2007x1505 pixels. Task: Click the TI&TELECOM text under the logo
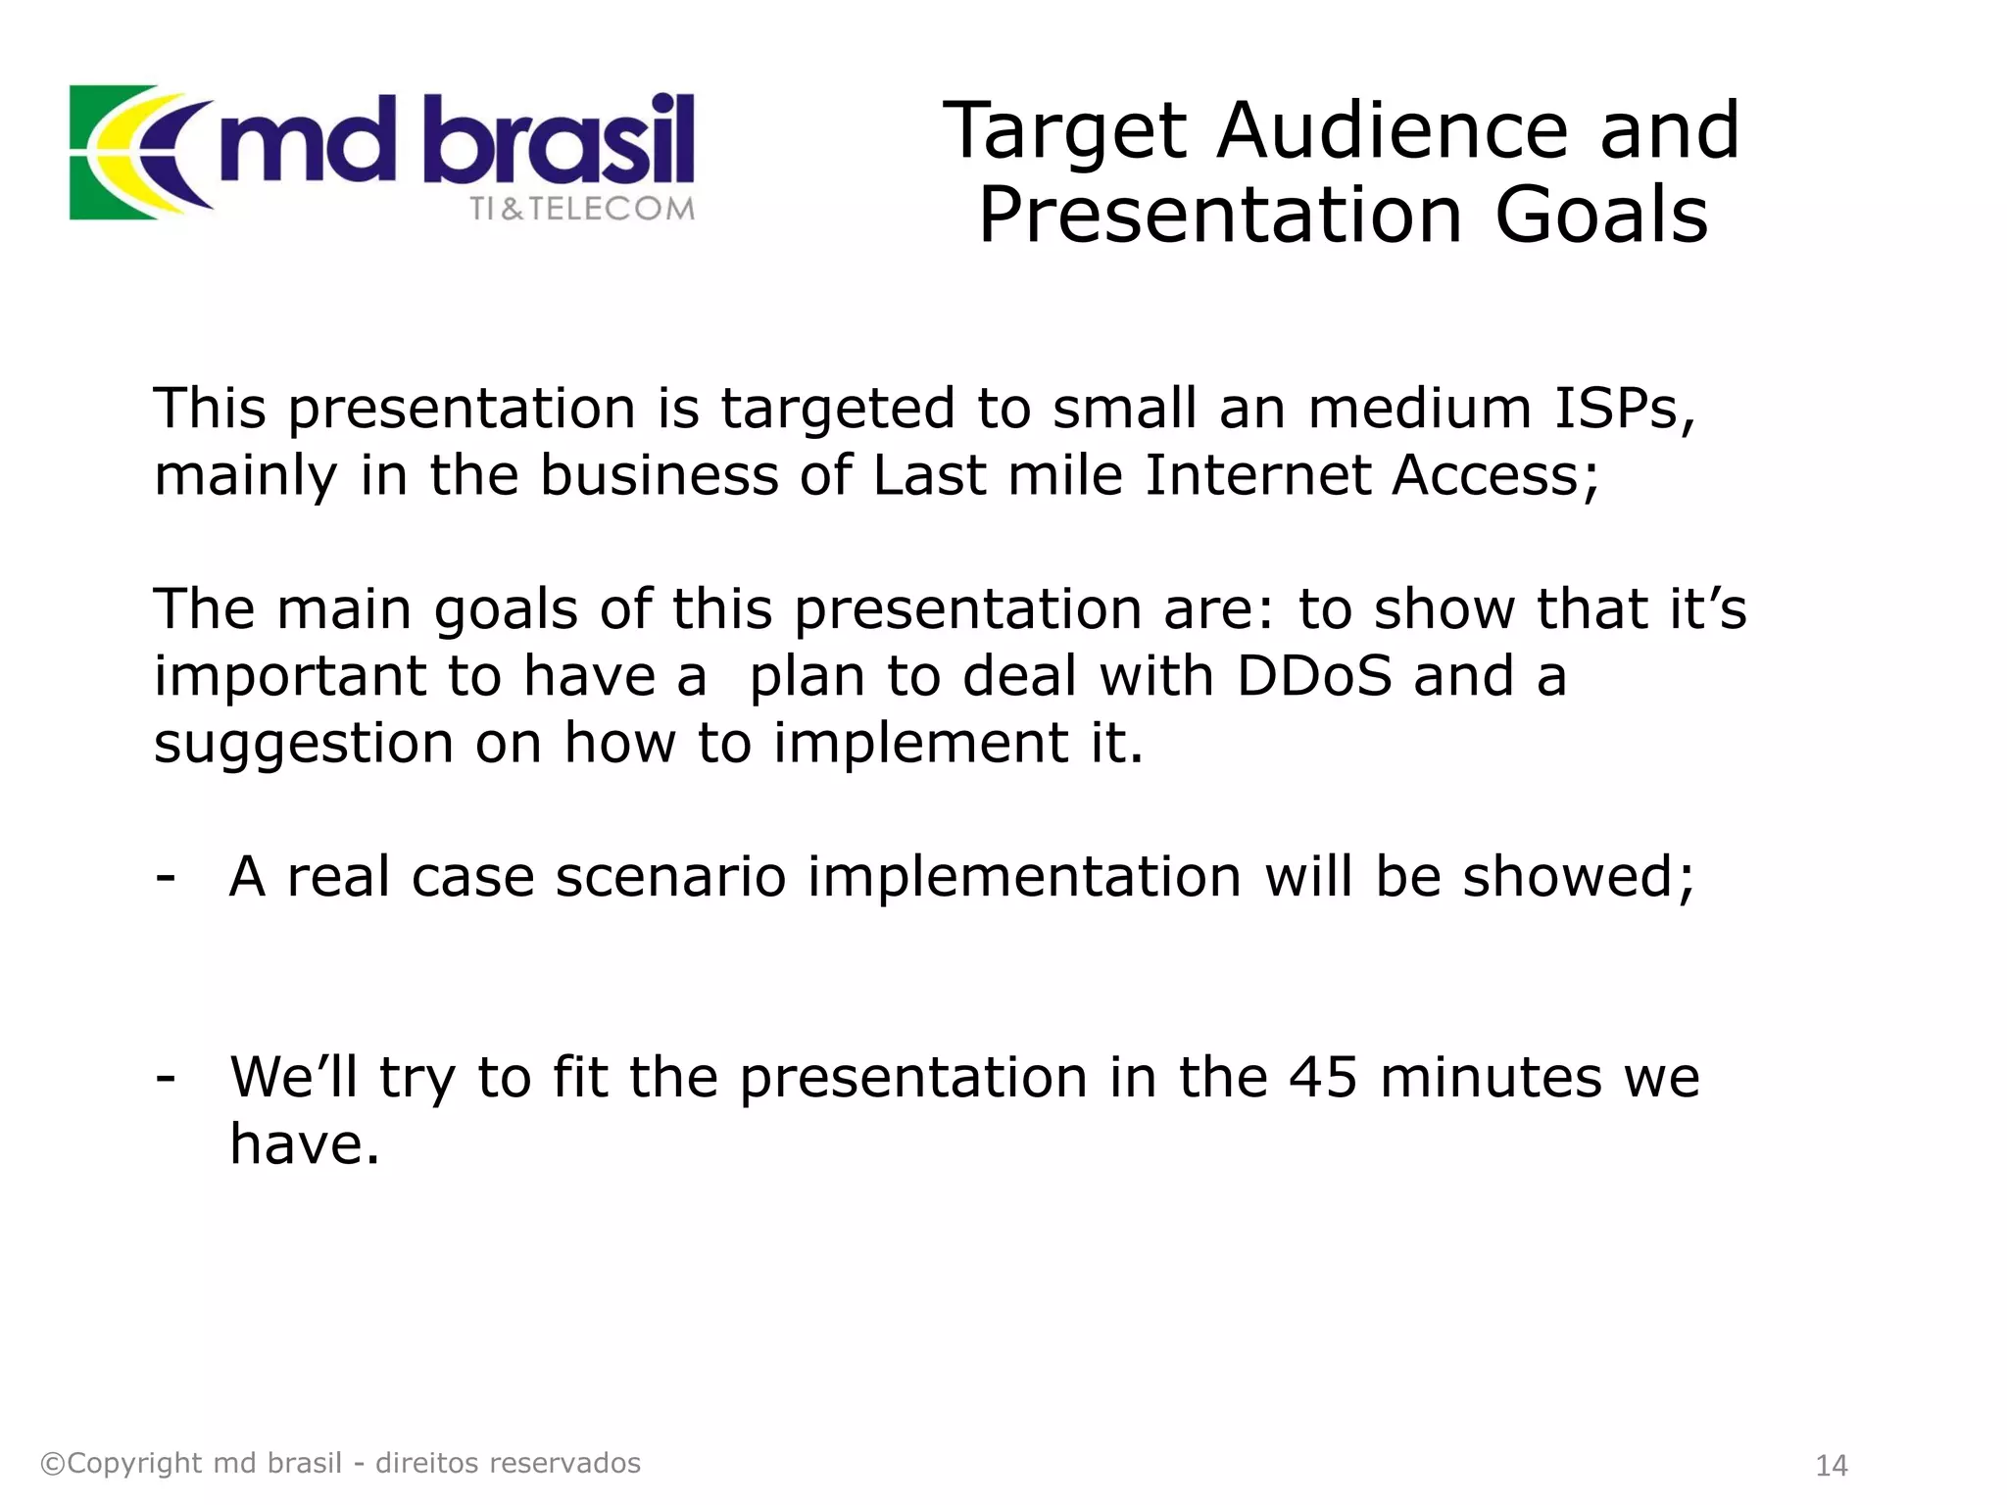point(581,209)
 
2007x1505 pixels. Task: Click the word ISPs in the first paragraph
point(1624,408)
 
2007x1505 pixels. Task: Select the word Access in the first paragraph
point(1493,475)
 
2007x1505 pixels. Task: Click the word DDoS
point(1313,676)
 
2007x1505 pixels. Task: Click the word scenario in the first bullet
point(670,877)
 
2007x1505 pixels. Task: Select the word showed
point(1576,876)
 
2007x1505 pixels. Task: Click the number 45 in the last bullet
point(1323,1078)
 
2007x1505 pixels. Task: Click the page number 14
point(1831,1466)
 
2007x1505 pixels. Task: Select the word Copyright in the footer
point(134,1463)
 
